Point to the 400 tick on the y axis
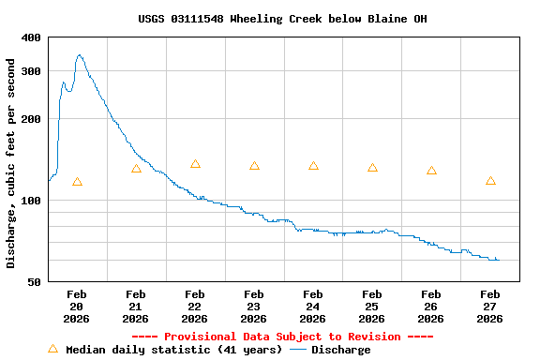tap(31, 37)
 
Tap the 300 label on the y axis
tap(31, 71)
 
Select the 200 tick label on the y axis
tap(31, 119)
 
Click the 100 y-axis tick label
tap(31, 201)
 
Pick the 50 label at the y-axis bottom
tap(34, 281)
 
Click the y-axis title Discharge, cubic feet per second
tap(11, 163)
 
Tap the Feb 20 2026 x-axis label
tap(77, 307)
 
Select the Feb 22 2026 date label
tap(195, 307)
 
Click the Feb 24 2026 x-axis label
tap(313, 307)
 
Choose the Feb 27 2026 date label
tap(490, 307)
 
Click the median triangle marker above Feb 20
tap(77, 182)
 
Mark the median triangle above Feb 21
tap(136, 169)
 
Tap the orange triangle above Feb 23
tap(254, 166)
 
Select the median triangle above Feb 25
tap(372, 168)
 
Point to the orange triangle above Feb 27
tap(490, 181)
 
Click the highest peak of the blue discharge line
tap(80, 55)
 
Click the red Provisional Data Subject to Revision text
tap(282, 337)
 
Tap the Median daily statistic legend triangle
tap(52, 349)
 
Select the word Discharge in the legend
tap(340, 350)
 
